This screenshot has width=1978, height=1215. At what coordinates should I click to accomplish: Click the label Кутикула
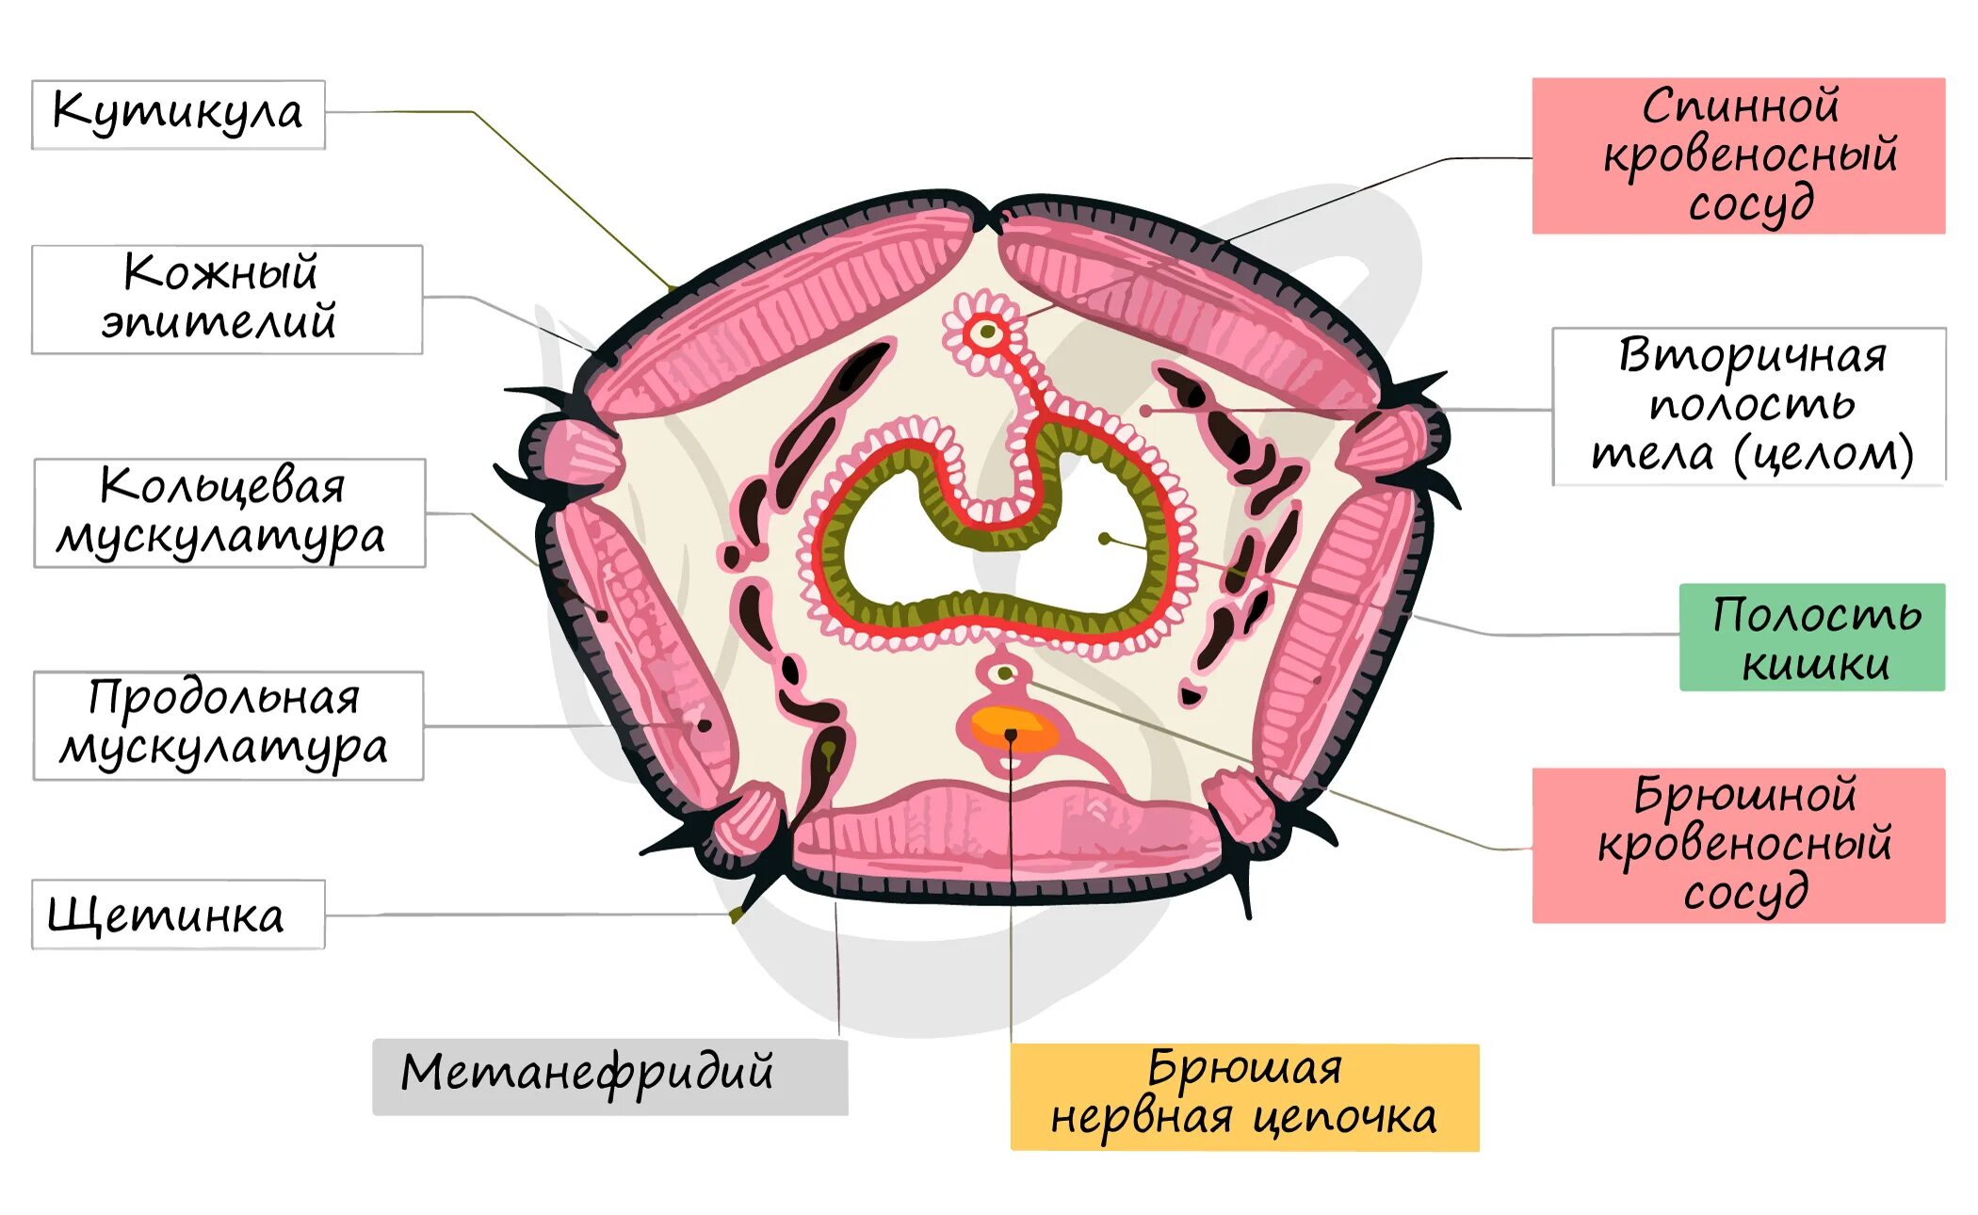[178, 114]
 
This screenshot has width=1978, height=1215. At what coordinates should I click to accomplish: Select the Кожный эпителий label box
[226, 299]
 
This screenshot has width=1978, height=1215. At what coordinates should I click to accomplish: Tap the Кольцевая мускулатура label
[229, 512]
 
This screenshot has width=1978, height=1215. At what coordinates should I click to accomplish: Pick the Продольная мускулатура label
[228, 725]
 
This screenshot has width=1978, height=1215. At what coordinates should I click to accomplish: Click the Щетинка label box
[178, 914]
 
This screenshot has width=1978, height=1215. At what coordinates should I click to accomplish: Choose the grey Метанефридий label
[609, 1076]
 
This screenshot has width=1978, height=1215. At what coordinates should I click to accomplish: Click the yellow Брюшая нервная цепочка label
[1243, 1096]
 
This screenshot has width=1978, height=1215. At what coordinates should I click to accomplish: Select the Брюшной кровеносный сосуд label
[1738, 845]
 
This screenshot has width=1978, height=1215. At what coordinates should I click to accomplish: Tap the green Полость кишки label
[1811, 637]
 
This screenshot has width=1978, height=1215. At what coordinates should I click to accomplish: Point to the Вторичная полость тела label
[1748, 406]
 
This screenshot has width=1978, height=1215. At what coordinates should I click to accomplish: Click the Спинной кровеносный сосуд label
[1738, 155]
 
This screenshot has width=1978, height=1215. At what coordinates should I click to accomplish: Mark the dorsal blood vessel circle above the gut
[987, 332]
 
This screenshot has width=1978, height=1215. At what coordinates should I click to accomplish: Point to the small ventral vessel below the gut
[1004, 672]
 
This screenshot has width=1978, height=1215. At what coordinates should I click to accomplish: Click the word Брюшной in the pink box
[1744, 795]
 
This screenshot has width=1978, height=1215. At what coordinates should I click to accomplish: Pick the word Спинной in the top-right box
[1741, 105]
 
